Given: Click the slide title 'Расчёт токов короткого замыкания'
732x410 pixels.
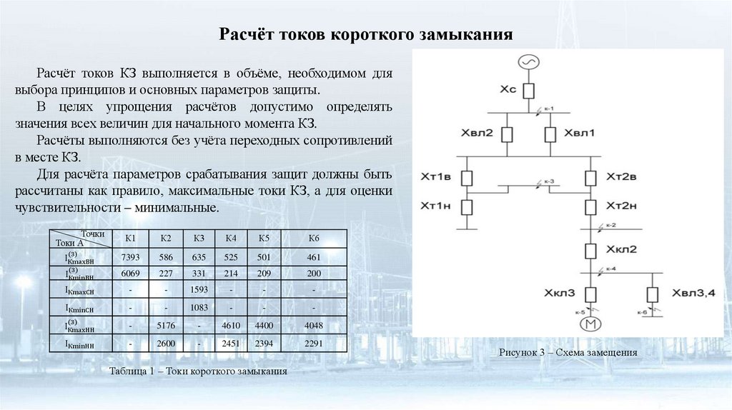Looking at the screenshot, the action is click(x=365, y=34).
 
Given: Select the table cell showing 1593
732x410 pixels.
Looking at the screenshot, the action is click(x=199, y=290).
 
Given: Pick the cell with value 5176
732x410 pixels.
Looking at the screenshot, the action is click(x=165, y=326).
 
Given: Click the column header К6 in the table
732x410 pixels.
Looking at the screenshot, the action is click(x=314, y=239).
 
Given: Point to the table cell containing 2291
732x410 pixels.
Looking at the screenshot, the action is click(x=314, y=344).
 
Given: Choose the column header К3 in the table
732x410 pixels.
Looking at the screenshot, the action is click(x=199, y=239).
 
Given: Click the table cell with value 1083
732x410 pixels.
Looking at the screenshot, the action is click(x=199, y=308).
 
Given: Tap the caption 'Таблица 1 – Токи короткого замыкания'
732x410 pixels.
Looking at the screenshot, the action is click(x=199, y=371).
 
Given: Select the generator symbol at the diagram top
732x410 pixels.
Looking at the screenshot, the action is click(x=528, y=63).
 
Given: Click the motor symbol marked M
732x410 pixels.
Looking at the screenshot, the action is click(x=591, y=324).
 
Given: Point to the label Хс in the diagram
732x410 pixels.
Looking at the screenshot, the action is click(x=508, y=90).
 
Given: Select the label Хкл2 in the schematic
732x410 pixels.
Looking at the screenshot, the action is click(x=621, y=250).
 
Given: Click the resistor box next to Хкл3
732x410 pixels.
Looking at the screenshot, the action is click(x=591, y=294).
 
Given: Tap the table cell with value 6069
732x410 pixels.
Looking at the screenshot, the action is click(x=130, y=273).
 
